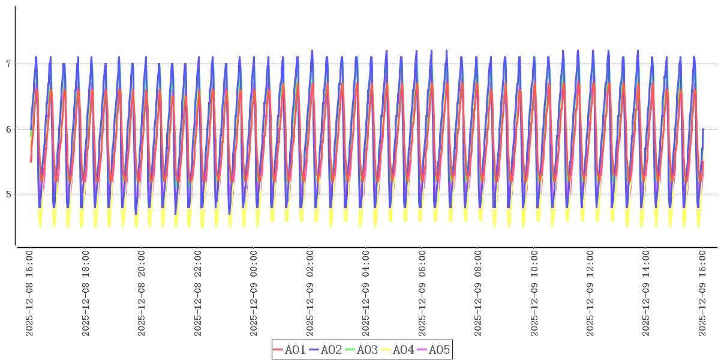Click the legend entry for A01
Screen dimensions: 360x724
tap(289, 350)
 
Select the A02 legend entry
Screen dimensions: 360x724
tap(325, 350)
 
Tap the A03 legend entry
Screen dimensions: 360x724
tap(361, 350)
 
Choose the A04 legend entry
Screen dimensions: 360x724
tap(397, 350)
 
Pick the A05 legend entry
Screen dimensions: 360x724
tap(433, 350)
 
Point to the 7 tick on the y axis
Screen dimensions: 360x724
tap(8, 64)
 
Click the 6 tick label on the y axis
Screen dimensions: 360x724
tap(8, 129)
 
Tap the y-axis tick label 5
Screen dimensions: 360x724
tap(8, 194)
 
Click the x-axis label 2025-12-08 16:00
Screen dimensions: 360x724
tap(29, 293)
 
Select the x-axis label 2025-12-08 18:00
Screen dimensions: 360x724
tap(85, 293)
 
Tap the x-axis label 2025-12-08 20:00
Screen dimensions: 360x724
tap(142, 293)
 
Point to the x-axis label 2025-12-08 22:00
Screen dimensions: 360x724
tap(197, 293)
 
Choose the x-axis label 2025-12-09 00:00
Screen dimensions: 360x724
tap(254, 293)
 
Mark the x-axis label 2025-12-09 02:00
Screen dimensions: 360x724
tap(310, 293)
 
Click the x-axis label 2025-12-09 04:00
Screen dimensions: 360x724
tap(366, 293)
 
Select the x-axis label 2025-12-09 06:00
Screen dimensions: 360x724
tap(422, 293)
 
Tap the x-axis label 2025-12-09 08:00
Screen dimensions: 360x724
tap(479, 293)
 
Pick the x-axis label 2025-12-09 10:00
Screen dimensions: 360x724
tap(534, 293)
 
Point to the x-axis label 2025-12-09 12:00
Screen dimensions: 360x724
tap(591, 293)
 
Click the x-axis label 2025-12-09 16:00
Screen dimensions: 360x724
tap(703, 293)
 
